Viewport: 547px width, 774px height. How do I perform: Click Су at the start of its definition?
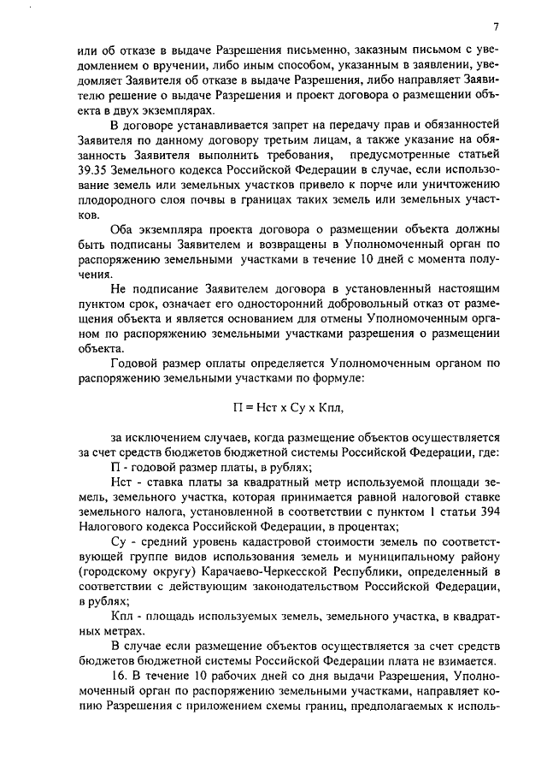(119, 538)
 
